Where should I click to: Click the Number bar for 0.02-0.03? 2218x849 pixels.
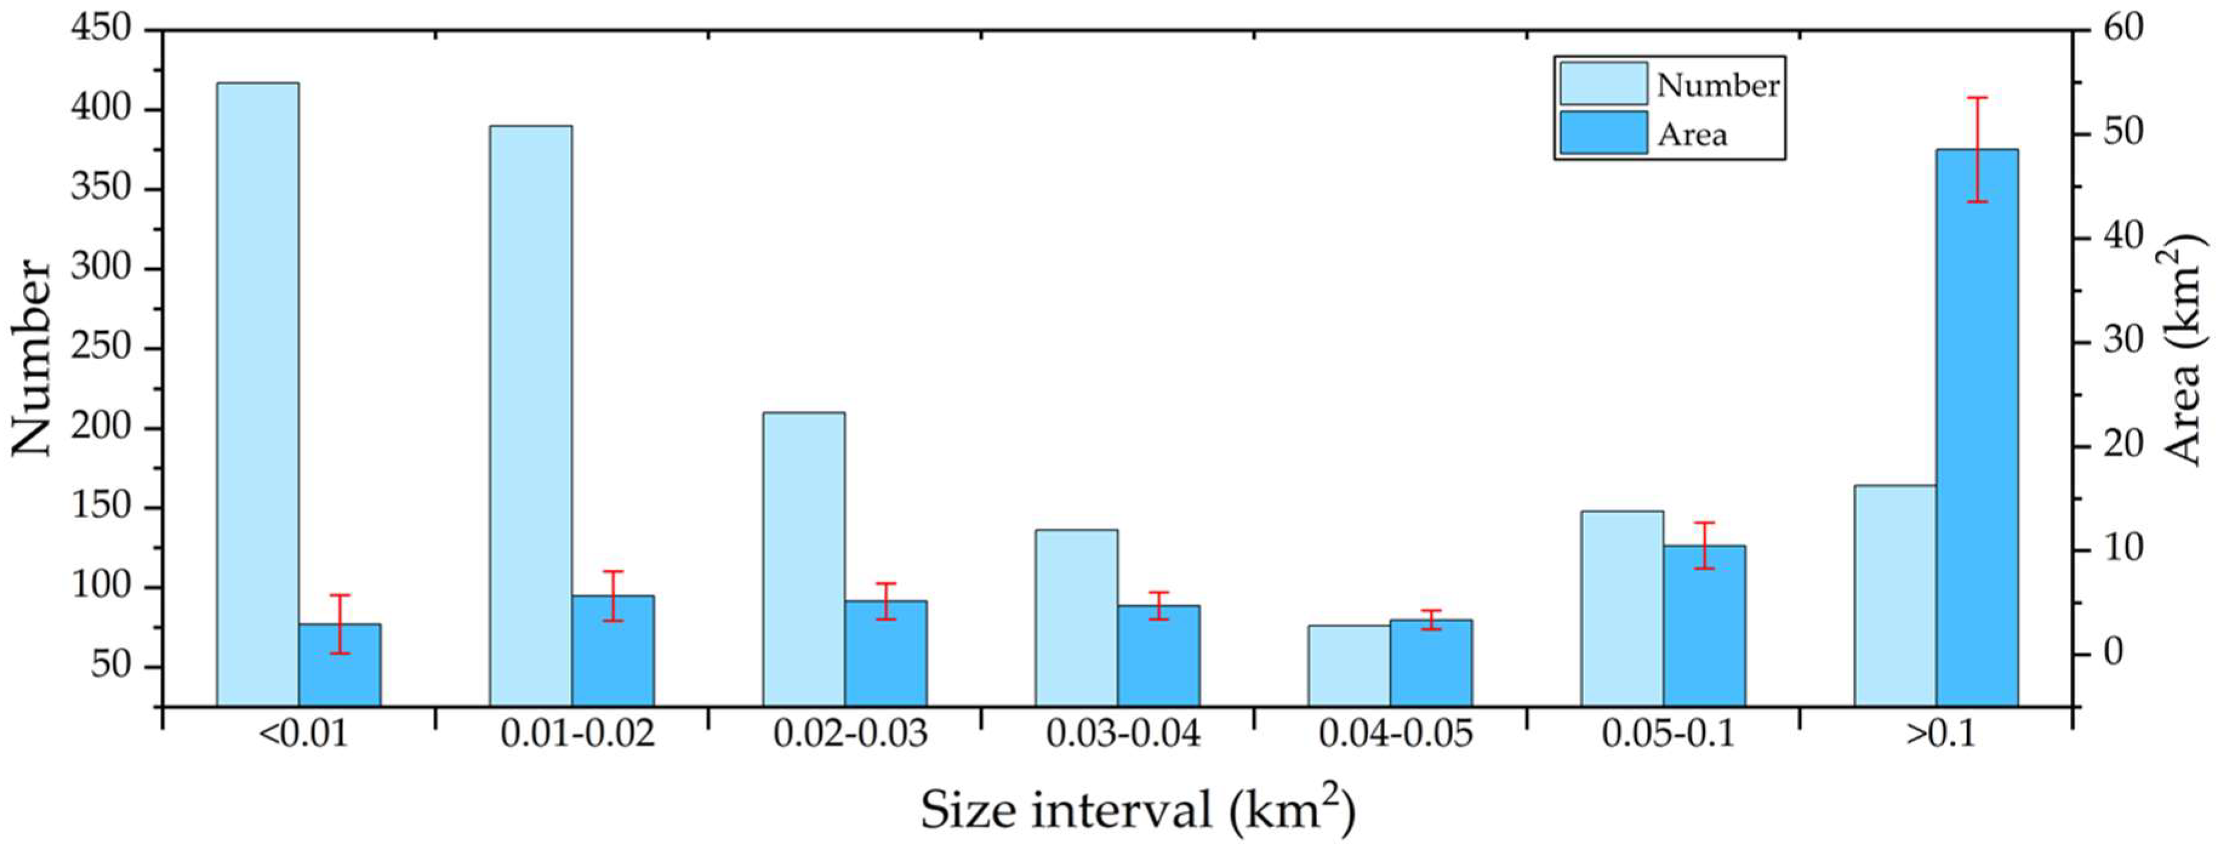click(x=803, y=559)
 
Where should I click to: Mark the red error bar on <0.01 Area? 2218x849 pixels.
click(x=339, y=623)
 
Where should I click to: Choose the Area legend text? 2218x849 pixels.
click(x=1692, y=135)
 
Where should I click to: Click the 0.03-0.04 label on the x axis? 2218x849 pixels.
click(x=1123, y=734)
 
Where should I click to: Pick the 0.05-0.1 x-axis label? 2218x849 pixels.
click(x=1668, y=734)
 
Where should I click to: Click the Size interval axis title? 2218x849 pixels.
click(x=1137, y=810)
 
